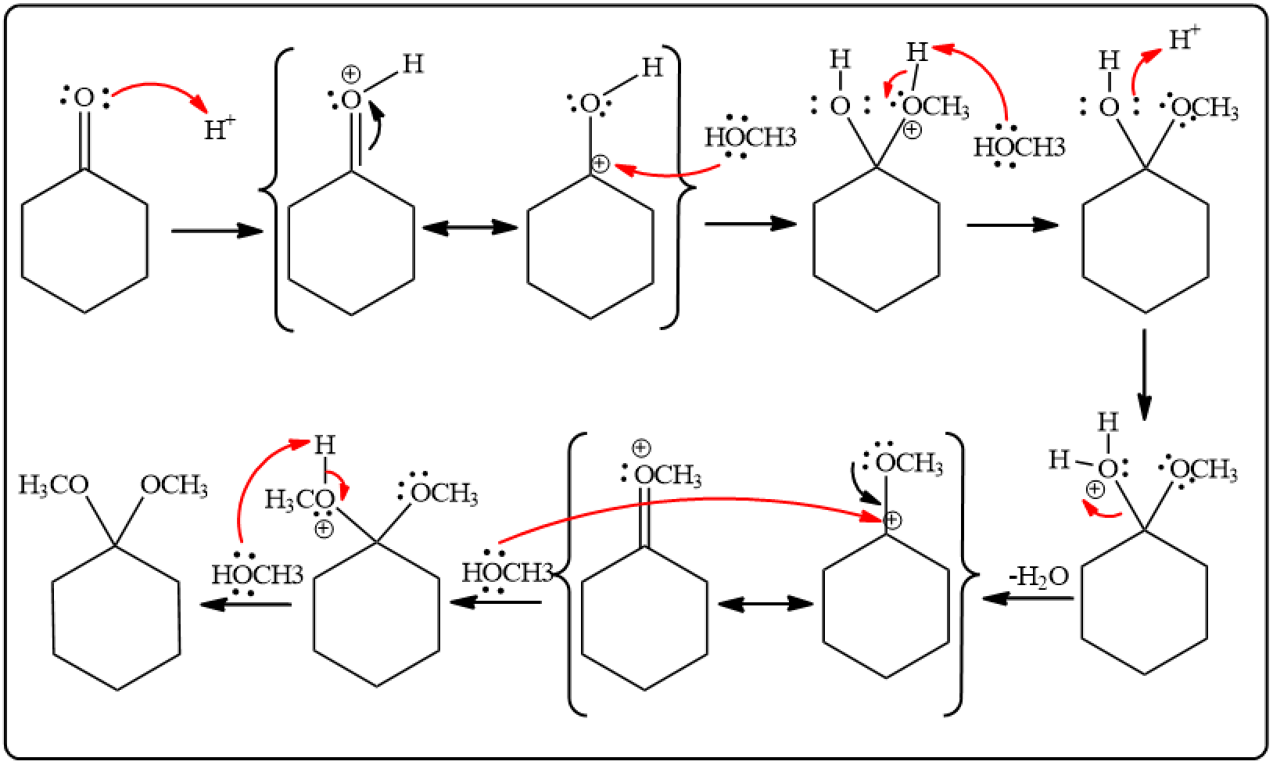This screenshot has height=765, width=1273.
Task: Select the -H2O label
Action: (1039, 577)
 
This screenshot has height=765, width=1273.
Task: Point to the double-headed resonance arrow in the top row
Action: (470, 228)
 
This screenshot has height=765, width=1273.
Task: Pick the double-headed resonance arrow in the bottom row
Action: (766, 604)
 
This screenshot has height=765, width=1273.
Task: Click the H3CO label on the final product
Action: (53, 485)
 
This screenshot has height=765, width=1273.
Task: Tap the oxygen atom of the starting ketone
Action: (84, 99)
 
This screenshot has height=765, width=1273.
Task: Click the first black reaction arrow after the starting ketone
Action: (217, 231)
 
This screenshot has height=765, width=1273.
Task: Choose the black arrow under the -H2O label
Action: (1027, 598)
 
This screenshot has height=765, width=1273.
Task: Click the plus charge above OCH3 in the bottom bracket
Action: (641, 448)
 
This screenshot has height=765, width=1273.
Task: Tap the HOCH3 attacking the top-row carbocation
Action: (750, 137)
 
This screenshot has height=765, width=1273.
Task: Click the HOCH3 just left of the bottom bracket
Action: (507, 573)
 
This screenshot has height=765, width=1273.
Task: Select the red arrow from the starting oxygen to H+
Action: (160, 90)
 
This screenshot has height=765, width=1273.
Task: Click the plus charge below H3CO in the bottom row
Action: (324, 529)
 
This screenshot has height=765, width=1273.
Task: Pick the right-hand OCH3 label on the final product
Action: (174, 486)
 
